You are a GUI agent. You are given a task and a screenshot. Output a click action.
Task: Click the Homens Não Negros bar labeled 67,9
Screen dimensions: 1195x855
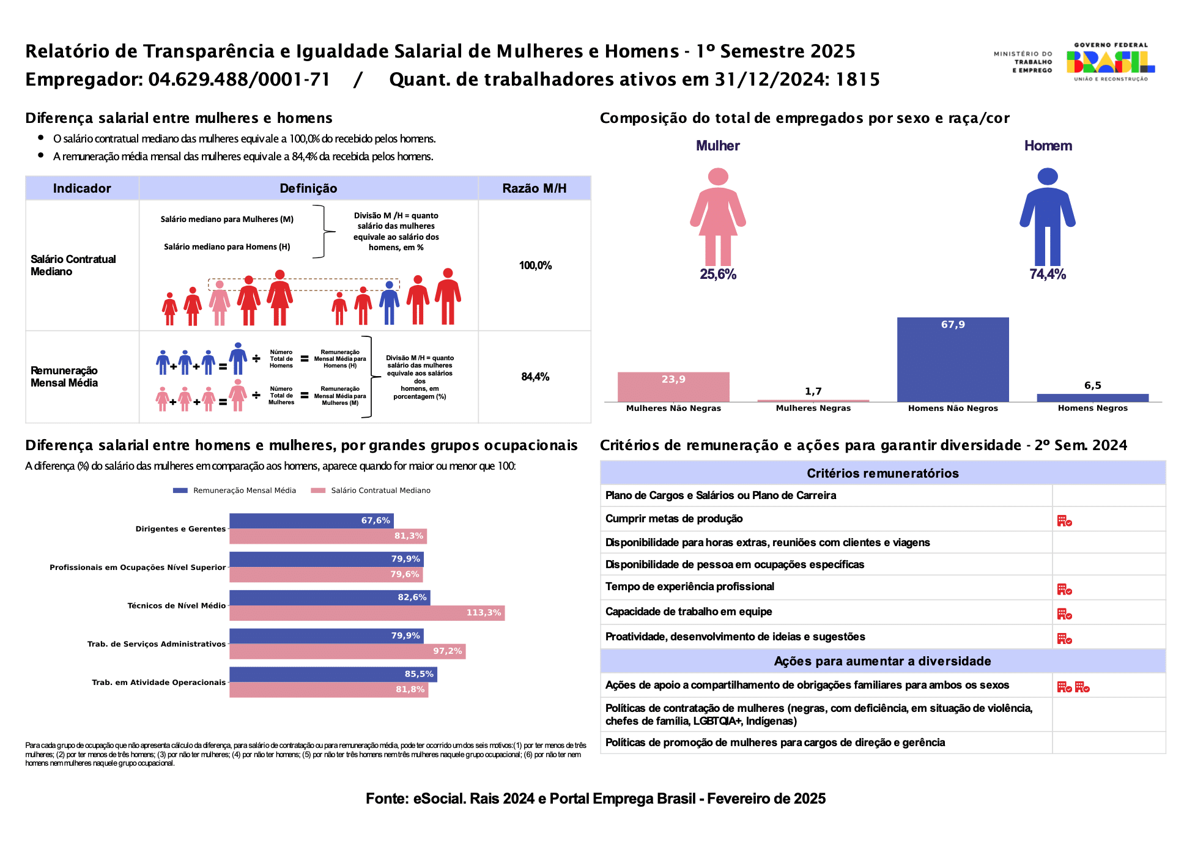coord(953,360)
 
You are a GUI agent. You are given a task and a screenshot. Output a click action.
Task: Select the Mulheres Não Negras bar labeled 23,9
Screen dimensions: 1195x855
coord(673,387)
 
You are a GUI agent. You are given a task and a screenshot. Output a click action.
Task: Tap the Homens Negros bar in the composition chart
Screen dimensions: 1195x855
coord(1093,398)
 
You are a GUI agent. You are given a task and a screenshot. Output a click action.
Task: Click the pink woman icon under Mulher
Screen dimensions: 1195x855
coord(718,217)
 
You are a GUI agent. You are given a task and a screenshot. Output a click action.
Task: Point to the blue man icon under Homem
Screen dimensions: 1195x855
coord(1048,217)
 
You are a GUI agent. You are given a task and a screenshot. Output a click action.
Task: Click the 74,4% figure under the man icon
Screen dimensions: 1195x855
coord(1048,275)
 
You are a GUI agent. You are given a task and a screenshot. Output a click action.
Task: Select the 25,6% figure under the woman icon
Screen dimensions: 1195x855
coord(718,275)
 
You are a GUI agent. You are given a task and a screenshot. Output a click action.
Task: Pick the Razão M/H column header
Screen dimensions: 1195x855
coord(535,188)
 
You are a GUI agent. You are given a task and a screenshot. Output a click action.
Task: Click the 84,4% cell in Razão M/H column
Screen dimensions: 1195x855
coord(535,377)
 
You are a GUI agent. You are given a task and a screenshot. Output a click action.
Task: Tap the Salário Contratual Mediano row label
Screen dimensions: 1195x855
coord(73,265)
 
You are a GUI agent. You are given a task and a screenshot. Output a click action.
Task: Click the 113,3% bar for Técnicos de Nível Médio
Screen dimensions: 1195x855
coord(367,613)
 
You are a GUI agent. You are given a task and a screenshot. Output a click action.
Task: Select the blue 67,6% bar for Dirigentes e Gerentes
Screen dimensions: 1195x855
coord(311,520)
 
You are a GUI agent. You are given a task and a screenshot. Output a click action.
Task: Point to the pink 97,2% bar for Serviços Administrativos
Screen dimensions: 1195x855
coord(347,651)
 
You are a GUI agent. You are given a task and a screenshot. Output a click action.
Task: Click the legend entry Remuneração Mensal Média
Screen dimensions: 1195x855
coord(235,490)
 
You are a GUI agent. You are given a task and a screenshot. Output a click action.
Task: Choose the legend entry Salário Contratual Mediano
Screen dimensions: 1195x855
coord(371,490)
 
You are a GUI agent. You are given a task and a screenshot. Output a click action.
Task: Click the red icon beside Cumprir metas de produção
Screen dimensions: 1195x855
coord(1065,521)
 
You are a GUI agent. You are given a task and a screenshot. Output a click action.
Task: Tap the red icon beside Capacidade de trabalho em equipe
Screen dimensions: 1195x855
coord(1065,614)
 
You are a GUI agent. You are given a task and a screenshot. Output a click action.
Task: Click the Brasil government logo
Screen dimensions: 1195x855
coord(1111,62)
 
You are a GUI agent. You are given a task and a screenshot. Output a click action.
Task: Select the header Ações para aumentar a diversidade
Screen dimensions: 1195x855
coord(882,661)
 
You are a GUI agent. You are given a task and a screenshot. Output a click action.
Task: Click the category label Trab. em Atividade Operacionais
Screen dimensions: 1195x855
coord(159,683)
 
